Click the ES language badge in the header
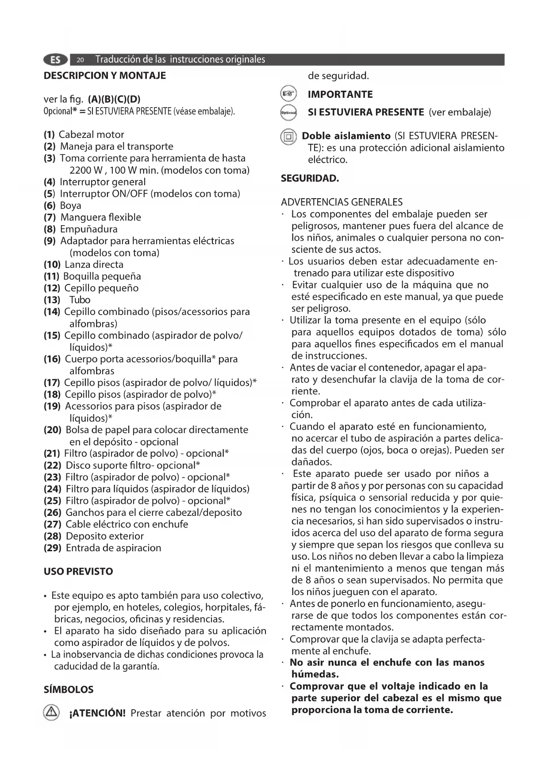tap(55, 60)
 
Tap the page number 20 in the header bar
tap(80, 60)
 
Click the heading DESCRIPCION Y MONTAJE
tap(105, 76)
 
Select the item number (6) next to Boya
tap(50, 206)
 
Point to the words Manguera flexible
tap(101, 217)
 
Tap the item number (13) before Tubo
tap(52, 300)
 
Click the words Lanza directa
tap(94, 265)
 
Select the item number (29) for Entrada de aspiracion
tap(52, 548)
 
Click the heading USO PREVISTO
tap(78, 572)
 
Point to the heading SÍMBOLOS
tap(69, 690)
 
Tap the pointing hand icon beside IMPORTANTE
tap(288, 94)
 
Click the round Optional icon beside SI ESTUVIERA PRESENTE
tap(288, 113)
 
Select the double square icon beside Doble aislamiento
tap(288, 137)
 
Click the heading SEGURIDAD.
tap(310, 179)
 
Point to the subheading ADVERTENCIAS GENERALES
tap(342, 203)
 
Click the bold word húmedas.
tap(315, 675)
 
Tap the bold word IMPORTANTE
tap(340, 94)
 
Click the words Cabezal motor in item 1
tap(92, 135)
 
